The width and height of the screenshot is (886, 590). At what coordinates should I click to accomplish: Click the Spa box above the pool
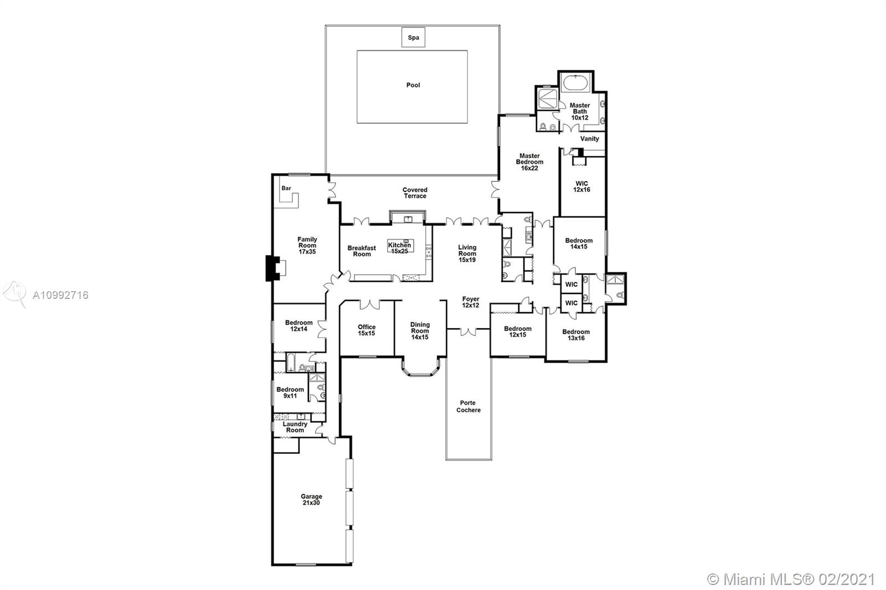[x=413, y=37]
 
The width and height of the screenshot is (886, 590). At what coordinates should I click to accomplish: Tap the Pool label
[x=413, y=85]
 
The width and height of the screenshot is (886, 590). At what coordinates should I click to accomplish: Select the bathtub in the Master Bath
[x=576, y=84]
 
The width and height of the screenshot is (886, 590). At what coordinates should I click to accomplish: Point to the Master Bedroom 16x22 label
[x=529, y=162]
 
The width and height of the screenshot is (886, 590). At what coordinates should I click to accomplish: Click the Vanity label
[x=589, y=138]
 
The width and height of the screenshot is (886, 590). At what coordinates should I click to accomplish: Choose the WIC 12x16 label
[x=582, y=187]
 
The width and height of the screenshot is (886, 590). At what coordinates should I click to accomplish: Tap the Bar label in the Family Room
[x=286, y=188]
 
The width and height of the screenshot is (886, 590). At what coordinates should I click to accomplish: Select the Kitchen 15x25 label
[x=399, y=248]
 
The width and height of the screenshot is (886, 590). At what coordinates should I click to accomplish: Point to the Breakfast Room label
[x=362, y=251]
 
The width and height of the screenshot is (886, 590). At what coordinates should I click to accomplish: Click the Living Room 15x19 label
[x=467, y=253]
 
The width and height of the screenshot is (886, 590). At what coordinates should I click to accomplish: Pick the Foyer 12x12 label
[x=471, y=302]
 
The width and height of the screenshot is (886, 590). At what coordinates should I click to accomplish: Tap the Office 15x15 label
[x=367, y=330]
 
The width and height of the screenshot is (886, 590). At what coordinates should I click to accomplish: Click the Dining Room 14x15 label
[x=420, y=330]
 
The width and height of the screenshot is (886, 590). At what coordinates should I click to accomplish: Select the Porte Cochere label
[x=468, y=406]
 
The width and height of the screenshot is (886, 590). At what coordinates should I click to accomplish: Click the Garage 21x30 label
[x=311, y=499]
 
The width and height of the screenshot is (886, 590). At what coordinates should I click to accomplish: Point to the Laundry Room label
[x=295, y=427]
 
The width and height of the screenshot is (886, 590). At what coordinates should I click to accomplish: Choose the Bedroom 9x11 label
[x=290, y=392]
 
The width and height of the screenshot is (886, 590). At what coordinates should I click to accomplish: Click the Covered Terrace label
[x=415, y=193]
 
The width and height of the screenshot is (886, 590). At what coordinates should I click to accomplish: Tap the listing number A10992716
[x=60, y=295]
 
